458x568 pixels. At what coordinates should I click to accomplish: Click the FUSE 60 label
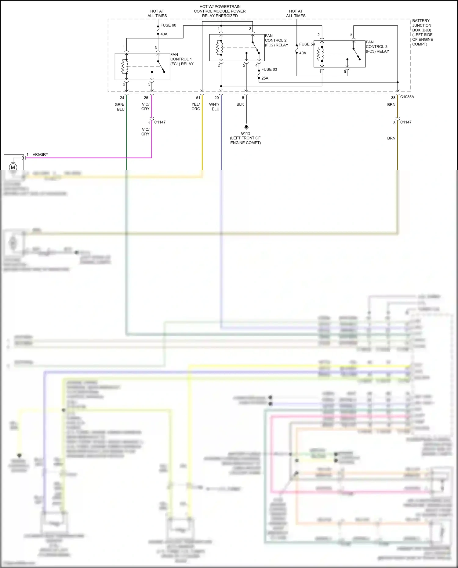(168, 25)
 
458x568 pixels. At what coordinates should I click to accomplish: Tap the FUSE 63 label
(269, 69)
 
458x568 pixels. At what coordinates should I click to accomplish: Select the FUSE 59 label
(307, 44)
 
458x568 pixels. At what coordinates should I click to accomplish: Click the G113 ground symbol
(246, 127)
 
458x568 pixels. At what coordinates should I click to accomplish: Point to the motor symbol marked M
(13, 167)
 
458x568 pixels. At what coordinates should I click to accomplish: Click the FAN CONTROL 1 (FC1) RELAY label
(182, 59)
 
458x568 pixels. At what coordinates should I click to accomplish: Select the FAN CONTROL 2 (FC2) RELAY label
(276, 40)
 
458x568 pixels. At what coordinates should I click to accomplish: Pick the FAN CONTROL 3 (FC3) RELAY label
(377, 47)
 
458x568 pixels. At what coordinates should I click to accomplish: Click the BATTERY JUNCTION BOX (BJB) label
(422, 32)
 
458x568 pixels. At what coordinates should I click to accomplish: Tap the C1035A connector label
(407, 97)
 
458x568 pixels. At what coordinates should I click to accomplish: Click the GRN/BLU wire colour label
(120, 107)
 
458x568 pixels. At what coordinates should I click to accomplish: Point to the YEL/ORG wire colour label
(196, 107)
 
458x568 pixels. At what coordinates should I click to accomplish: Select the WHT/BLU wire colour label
(214, 107)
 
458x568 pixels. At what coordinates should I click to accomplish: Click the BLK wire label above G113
(240, 104)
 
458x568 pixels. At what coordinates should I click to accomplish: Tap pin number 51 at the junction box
(198, 98)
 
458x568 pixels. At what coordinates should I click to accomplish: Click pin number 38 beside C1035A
(393, 98)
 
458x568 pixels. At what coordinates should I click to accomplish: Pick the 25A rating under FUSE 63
(265, 78)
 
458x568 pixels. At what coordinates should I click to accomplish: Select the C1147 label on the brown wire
(406, 122)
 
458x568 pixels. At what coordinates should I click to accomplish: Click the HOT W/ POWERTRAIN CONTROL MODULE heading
(220, 11)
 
